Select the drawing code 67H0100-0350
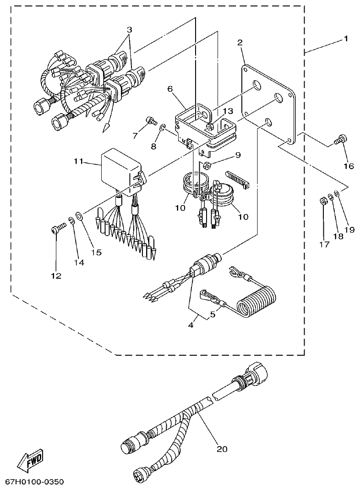click(34, 482)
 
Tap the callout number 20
click(222, 449)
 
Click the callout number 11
click(78, 161)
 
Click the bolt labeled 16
click(341, 139)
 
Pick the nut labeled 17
click(323, 201)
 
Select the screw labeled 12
click(56, 229)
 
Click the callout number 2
click(240, 42)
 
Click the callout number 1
click(346, 39)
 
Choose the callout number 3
click(130, 29)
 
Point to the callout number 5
click(212, 314)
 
